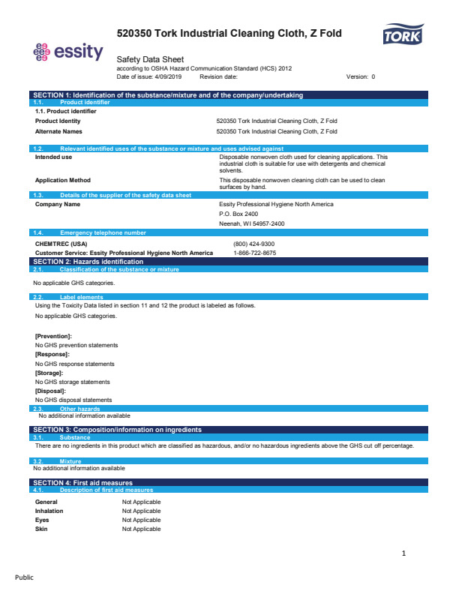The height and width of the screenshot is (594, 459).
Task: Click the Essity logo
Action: [68, 52]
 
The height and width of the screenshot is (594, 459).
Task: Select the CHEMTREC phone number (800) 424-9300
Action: [254, 244]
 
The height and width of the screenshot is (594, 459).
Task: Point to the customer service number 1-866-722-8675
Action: [255, 253]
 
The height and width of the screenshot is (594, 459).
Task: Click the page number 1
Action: [403, 553]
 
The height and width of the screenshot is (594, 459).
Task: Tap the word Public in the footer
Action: [25, 577]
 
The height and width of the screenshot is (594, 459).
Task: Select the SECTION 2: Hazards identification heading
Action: [88, 261]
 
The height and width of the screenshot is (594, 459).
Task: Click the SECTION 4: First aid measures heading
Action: [83, 482]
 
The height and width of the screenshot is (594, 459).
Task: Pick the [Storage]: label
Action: [49, 373]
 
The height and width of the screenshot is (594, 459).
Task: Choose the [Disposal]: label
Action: [51, 391]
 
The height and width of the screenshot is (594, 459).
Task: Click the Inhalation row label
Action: [49, 511]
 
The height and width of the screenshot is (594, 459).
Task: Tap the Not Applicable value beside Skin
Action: [142, 529]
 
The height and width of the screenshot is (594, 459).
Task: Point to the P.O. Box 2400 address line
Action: [238, 214]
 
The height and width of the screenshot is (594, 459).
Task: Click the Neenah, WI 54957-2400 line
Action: [252, 223]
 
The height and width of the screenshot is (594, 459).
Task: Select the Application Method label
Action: [63, 180]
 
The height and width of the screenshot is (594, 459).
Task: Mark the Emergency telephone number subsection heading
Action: [103, 233]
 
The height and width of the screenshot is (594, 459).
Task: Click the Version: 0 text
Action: [361, 76]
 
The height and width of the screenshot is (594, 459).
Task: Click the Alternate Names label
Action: [59, 131]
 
